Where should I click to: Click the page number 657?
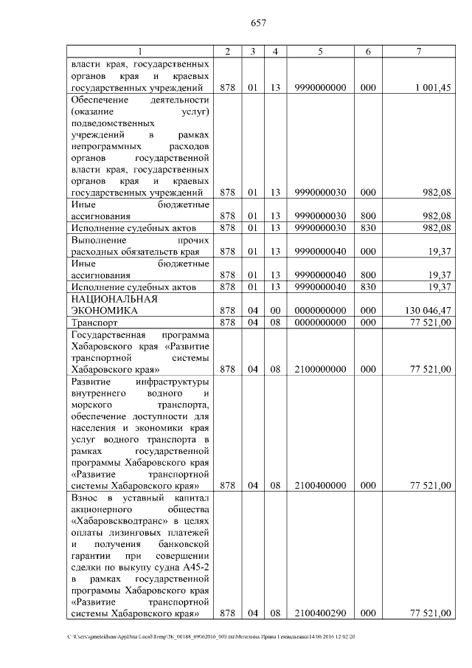pyautogui.click(x=257, y=23)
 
